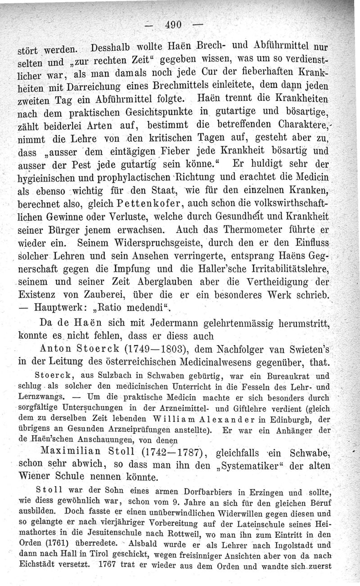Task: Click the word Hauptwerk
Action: pyautogui.click(x=65, y=309)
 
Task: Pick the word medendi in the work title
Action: pyautogui.click(x=145, y=309)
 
